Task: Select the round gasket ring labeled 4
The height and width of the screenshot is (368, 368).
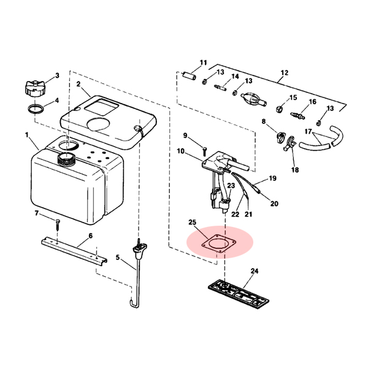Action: click(x=36, y=109)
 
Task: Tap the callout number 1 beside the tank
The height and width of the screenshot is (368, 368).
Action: click(x=27, y=135)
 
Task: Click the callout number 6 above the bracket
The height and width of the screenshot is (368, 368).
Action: click(x=91, y=236)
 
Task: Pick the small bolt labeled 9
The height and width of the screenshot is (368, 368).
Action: click(x=204, y=151)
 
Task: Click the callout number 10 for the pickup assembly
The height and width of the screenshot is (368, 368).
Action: click(x=180, y=151)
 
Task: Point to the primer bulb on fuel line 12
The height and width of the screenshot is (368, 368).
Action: click(x=253, y=99)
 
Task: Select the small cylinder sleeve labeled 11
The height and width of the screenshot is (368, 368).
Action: click(x=190, y=76)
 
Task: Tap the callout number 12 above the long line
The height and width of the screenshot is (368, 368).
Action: click(x=284, y=73)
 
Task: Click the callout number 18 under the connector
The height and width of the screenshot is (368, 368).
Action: click(x=295, y=169)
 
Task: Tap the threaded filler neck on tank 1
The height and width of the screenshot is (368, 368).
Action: click(x=66, y=159)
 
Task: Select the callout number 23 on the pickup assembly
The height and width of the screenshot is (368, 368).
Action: click(x=231, y=186)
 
